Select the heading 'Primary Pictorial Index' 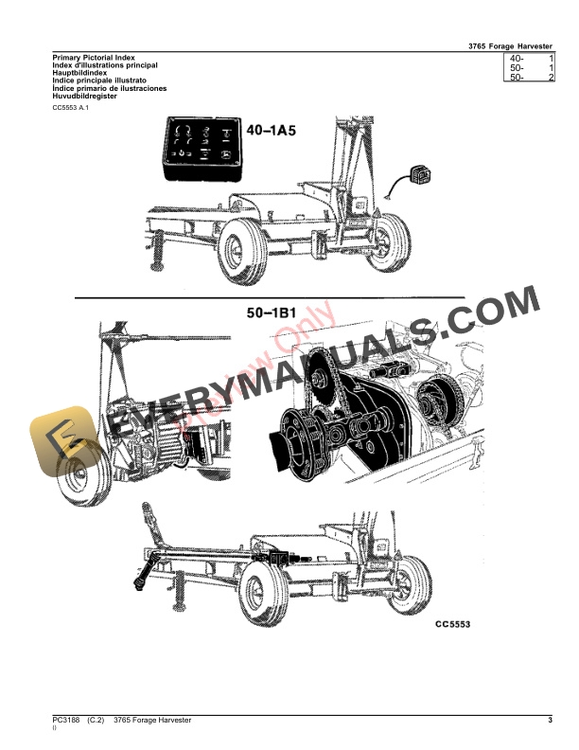coord(94,58)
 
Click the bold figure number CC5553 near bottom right coord(452,625)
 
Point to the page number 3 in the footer coord(550,722)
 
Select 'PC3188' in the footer coord(66,722)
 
